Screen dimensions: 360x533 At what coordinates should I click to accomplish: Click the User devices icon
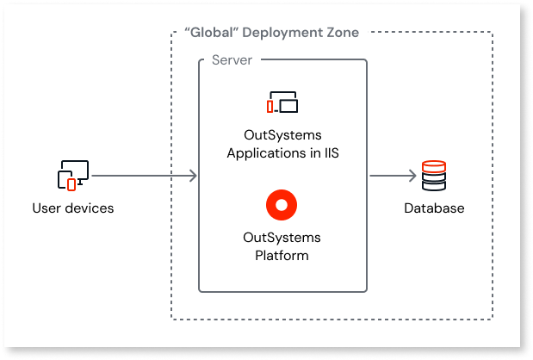(71, 176)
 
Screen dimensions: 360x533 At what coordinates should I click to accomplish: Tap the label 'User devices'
(72, 208)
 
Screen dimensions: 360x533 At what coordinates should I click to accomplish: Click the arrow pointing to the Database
(393, 176)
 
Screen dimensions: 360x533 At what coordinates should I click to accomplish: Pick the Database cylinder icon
(434, 176)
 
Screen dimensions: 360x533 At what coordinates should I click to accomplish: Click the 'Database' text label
(435, 208)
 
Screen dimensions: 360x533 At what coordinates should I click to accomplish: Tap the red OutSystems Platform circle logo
(282, 204)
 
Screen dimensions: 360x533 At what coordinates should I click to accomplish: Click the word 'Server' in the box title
(232, 61)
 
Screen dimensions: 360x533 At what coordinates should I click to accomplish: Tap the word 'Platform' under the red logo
(282, 255)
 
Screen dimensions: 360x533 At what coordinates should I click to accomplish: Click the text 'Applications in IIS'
(282, 153)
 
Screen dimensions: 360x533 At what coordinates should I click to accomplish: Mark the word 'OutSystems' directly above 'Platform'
(282, 239)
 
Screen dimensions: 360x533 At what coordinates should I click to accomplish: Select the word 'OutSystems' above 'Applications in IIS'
(282, 137)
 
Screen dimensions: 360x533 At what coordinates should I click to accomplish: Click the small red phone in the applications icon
(270, 107)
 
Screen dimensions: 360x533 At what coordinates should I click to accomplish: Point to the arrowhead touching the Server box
(194, 176)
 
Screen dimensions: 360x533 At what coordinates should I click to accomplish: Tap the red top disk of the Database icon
(434, 165)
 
